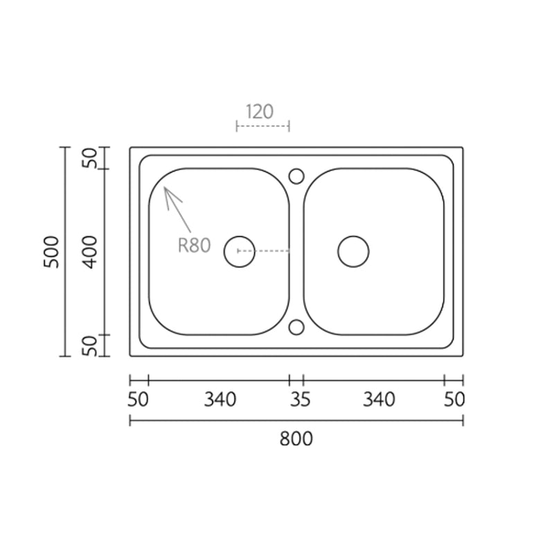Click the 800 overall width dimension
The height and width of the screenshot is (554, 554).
pos(296,439)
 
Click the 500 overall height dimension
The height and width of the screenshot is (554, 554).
pos(51,252)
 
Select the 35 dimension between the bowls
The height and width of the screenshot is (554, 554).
pos(300,400)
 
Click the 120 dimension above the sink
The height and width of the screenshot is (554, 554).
pos(259,111)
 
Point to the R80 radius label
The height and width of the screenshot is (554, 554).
pos(195,245)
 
